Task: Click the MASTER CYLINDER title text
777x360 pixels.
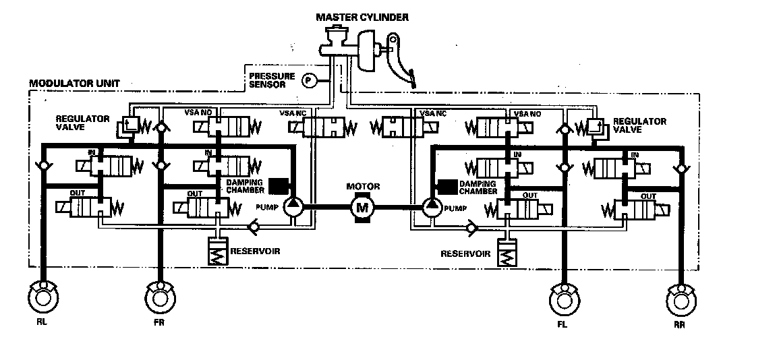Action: tap(362, 17)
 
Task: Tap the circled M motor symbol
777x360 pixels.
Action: tap(363, 207)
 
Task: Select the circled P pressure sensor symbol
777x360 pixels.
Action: tap(309, 80)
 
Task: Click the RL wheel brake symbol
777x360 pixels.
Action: tap(42, 297)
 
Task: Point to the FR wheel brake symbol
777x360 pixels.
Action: tap(159, 297)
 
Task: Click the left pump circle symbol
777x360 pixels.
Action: tap(293, 207)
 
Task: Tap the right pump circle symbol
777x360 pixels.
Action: tap(432, 207)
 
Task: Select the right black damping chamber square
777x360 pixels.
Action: tap(445, 185)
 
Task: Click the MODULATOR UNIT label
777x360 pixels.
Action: tap(74, 84)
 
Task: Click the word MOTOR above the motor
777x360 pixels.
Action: tap(363, 186)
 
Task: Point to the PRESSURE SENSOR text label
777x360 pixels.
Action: tap(272, 81)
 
